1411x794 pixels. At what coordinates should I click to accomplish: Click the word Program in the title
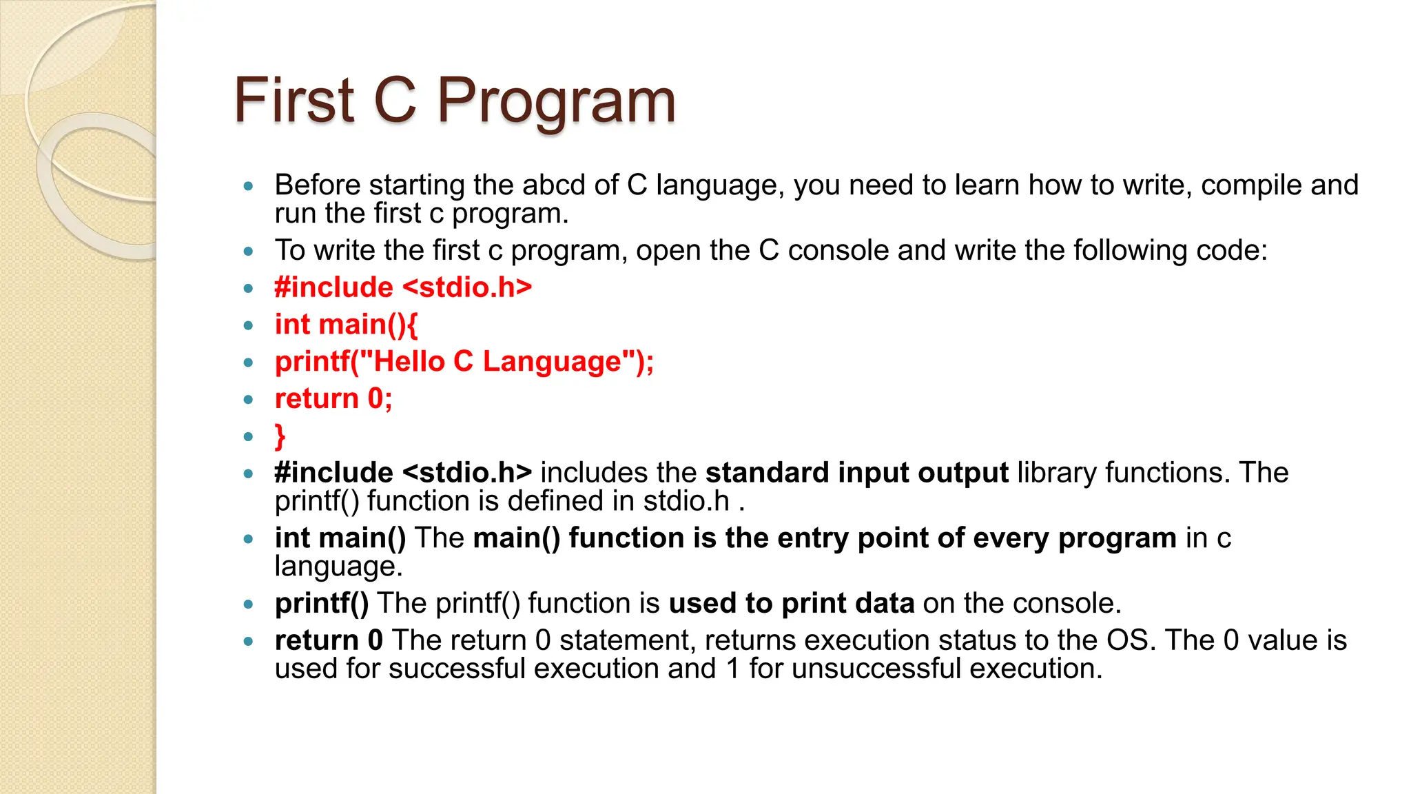coord(556,101)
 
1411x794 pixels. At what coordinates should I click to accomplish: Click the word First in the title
coord(294,101)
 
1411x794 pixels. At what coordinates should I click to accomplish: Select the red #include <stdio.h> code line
coord(403,287)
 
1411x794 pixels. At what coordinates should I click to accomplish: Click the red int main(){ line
coord(346,325)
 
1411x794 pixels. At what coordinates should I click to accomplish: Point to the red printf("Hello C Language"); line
coord(464,362)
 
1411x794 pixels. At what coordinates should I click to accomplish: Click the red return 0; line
coord(333,399)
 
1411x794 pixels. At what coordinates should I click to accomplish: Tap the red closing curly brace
coord(280,436)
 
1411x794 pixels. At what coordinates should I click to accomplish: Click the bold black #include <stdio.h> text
coord(403,474)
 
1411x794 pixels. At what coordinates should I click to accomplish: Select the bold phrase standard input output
coord(856,474)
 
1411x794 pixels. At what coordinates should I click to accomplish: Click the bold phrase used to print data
coord(792,604)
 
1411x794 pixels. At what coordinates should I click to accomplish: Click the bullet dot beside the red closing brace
coord(249,436)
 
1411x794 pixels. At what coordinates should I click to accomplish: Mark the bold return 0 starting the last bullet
coord(329,640)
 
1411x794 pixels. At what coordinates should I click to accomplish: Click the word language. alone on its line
coord(338,567)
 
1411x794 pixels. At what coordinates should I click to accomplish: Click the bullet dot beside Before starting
coord(249,186)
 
